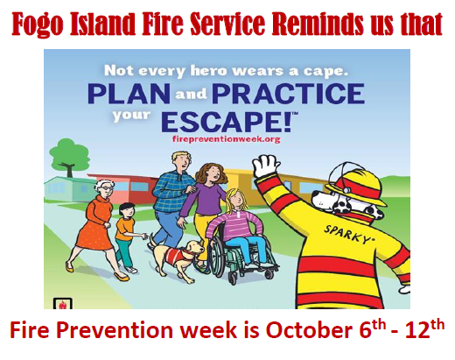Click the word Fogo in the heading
38,24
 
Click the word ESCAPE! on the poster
227,122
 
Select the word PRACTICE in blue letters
289,94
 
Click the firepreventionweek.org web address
226,139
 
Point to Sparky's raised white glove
266,166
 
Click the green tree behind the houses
69,157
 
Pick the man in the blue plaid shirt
172,199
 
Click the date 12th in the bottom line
423,328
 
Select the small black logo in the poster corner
63,303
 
